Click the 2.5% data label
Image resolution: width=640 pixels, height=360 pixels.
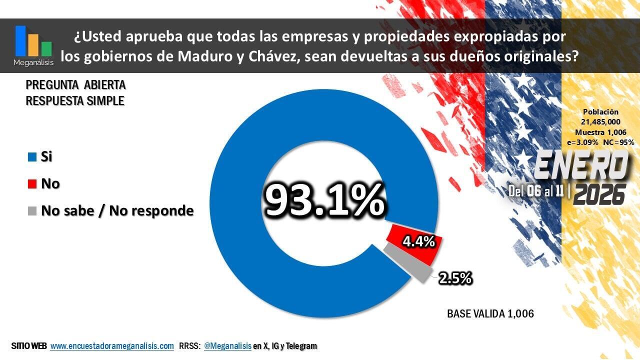[455, 278]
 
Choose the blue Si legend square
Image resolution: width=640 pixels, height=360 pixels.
[32, 157]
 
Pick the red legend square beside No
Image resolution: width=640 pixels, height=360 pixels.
[32, 184]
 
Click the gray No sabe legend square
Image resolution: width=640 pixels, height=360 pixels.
[32, 211]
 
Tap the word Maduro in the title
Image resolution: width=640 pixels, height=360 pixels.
[203, 56]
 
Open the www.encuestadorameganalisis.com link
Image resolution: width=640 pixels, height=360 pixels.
[112, 346]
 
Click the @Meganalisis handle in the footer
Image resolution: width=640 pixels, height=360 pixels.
[227, 346]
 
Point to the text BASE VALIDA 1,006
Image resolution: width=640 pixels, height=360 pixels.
[490, 314]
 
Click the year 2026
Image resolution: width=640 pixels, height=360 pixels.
[599, 194]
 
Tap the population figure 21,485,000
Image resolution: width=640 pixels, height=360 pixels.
[600, 122]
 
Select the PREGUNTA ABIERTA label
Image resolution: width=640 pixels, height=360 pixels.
[75, 85]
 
